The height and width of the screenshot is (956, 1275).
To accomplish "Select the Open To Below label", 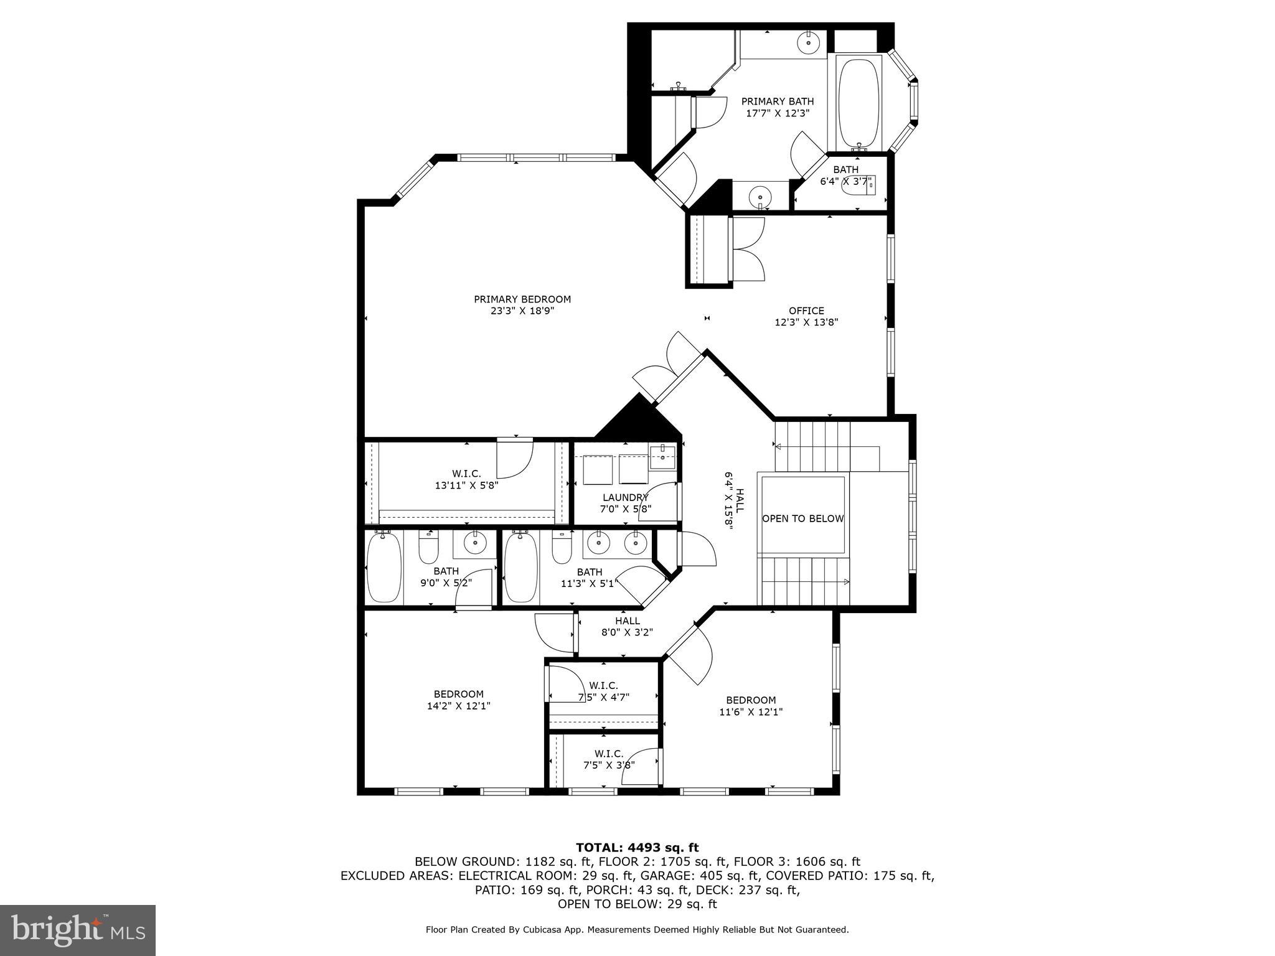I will pyautogui.click(x=802, y=518).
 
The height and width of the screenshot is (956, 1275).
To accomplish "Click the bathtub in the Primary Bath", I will pyautogui.click(x=859, y=102).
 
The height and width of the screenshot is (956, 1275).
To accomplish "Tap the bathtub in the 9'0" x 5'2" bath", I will pyautogui.click(x=383, y=568).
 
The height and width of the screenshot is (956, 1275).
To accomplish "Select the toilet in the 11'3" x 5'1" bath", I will pyautogui.click(x=562, y=548).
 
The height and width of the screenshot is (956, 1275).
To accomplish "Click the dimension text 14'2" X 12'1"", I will pyautogui.click(x=458, y=706).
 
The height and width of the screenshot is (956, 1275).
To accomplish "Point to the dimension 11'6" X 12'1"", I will pyautogui.click(x=751, y=711).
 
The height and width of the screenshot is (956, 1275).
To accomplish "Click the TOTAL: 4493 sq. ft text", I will pyautogui.click(x=637, y=847).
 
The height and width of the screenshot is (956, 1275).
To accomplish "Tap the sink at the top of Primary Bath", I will pyautogui.click(x=808, y=43).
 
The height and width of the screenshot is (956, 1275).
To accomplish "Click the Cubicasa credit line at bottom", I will pyautogui.click(x=637, y=930).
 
